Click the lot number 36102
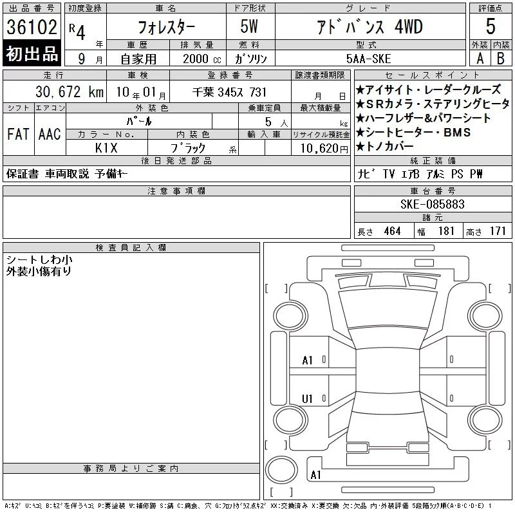click(32, 27)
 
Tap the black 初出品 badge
click(32, 53)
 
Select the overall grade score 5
click(491, 26)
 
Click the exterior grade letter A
click(480, 59)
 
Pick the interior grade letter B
click(501, 59)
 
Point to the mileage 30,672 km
click(70, 92)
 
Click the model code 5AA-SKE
click(368, 59)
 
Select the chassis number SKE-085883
click(433, 204)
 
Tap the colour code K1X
click(106, 148)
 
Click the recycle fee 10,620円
click(324, 149)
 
